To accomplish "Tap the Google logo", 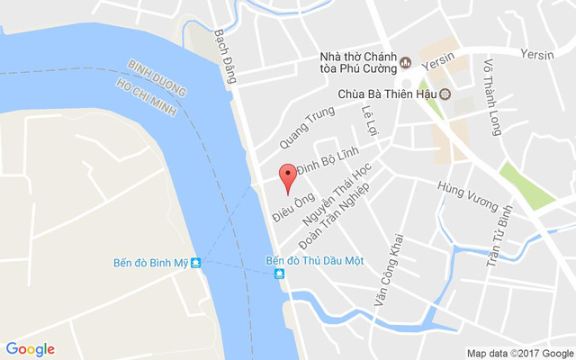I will coord(30,349).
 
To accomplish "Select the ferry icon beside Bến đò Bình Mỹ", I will coord(195,263).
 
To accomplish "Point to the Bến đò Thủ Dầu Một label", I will coord(314,260).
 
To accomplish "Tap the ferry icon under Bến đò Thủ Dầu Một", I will coord(280,274).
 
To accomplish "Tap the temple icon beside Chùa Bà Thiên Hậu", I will coord(445,94).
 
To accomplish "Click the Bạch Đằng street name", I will coord(224,57).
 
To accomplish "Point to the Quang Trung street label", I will coord(306,126).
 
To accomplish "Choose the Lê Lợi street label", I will coord(366,117).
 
